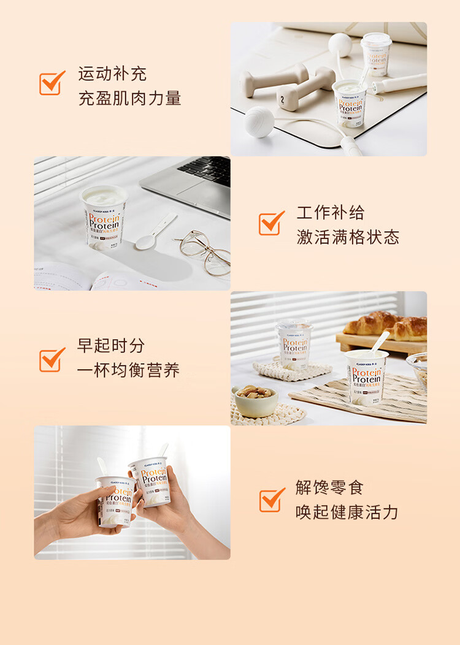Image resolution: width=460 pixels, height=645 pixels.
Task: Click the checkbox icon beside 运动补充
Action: [x=52, y=83]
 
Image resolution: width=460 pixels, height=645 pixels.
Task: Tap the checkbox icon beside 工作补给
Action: [x=271, y=224]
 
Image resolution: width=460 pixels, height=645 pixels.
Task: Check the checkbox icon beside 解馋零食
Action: [x=272, y=500]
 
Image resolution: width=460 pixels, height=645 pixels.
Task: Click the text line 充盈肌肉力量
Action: [x=129, y=98]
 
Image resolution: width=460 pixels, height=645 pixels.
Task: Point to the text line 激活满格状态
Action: [x=348, y=237]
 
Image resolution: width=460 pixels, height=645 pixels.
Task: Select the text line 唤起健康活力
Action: [x=347, y=513]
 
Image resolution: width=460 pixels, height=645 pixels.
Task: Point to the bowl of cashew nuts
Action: [x=256, y=400]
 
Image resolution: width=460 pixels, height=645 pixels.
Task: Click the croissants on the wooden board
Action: [x=387, y=326]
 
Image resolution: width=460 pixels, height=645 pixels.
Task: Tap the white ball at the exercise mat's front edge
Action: [x=258, y=122]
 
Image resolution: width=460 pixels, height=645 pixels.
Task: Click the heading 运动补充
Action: [x=112, y=74]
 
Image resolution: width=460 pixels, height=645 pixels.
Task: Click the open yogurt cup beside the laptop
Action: [x=104, y=218]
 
